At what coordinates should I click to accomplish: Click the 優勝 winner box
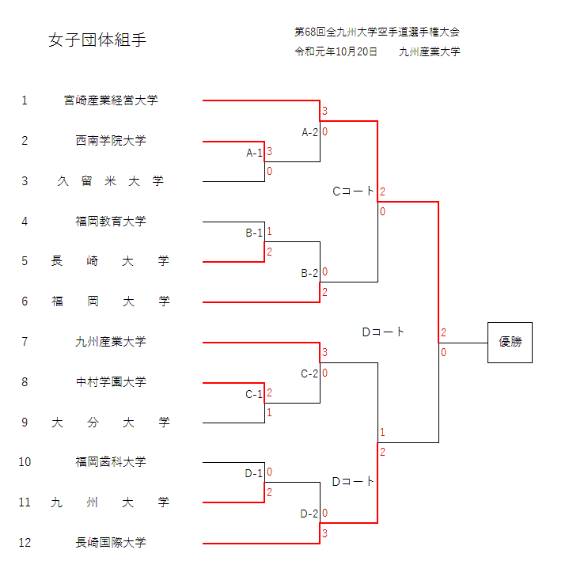[510, 343]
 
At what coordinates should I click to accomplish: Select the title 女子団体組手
[97, 40]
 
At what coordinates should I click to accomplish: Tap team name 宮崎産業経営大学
[111, 100]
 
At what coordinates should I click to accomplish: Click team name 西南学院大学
[111, 141]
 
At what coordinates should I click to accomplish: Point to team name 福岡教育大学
[111, 222]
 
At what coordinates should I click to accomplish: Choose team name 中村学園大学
[111, 382]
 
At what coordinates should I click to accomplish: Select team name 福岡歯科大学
[111, 462]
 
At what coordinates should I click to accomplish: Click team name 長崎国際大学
[111, 543]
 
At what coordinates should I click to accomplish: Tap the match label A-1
[254, 153]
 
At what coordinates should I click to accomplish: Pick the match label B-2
[309, 273]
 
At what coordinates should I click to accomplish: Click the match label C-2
[309, 373]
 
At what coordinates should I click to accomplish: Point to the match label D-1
[254, 474]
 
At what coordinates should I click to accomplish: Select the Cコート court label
[353, 191]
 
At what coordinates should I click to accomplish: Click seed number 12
[25, 543]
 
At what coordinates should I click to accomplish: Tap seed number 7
[25, 342]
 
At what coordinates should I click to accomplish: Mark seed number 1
[25, 100]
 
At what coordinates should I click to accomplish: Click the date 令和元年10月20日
[336, 52]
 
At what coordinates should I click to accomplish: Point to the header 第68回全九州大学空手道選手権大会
[377, 32]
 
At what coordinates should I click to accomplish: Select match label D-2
[309, 514]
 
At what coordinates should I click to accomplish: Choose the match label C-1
[254, 394]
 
